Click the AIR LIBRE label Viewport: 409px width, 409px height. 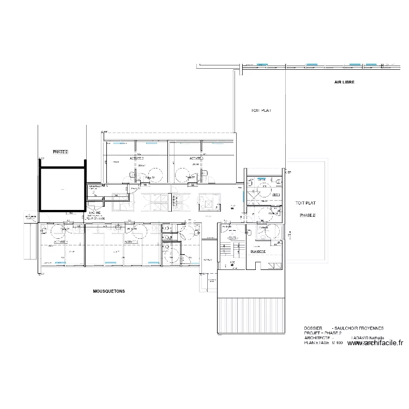pos(345,82)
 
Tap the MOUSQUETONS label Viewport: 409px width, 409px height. pos(109,292)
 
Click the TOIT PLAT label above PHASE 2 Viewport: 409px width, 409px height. pos(305,203)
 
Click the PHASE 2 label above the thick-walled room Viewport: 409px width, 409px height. pos(60,151)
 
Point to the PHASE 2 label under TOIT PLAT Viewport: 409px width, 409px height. pos(307,215)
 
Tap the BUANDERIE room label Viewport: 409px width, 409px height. pos(258,251)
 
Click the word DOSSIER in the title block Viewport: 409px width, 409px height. pos(314,328)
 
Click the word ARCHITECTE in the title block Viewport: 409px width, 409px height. pos(317,338)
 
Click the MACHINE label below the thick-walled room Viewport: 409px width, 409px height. pos(95,213)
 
